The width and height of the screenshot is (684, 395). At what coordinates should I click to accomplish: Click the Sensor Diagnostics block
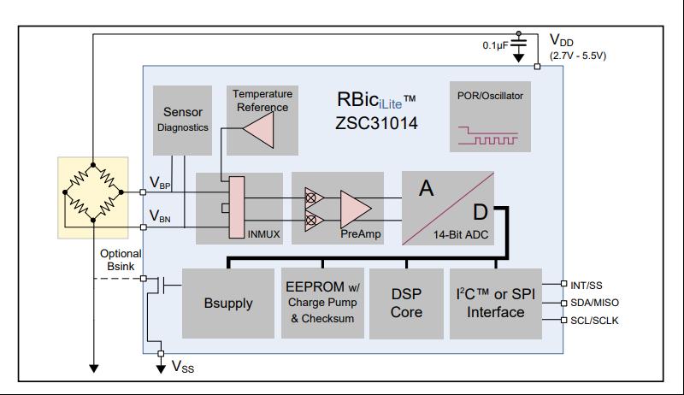pos(183,119)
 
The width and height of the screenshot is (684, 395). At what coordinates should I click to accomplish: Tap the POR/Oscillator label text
pos(490,96)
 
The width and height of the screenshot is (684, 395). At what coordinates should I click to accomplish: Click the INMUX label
pos(264,233)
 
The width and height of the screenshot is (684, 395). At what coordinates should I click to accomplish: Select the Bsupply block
pos(228,304)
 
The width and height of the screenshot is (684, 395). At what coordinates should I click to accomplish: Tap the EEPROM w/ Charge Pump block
pos(321,304)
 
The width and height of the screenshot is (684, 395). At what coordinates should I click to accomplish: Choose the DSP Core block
pos(406,304)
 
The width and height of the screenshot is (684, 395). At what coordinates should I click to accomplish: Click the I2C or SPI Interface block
pos(495,304)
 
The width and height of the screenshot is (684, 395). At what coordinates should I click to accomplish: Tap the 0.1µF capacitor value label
pos(496,44)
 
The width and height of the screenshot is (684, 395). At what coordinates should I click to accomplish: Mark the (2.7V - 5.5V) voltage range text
pos(578,56)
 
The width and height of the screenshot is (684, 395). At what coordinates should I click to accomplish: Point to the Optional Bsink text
pos(121,260)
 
